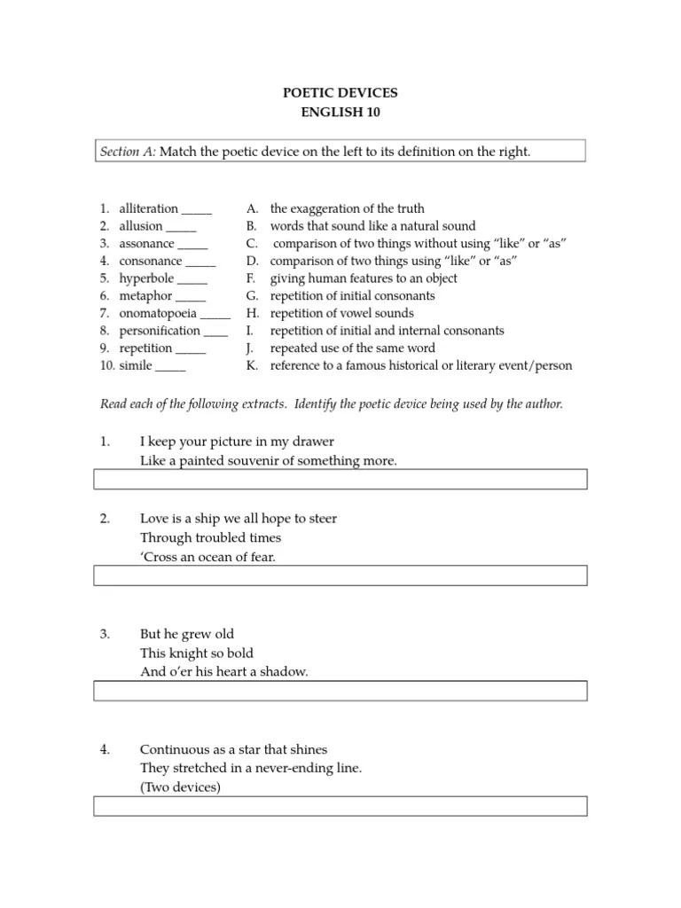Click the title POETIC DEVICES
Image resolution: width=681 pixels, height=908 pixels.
[x=340, y=92]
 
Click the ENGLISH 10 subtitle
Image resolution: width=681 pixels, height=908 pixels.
[x=340, y=112]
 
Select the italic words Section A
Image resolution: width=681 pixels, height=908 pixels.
[x=128, y=152]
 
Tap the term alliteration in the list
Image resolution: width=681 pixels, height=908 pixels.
[x=149, y=208]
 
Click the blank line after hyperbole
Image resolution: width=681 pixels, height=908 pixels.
[x=192, y=278]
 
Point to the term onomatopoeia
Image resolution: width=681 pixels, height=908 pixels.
[x=158, y=313]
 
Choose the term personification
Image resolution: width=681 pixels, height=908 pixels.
[x=160, y=331]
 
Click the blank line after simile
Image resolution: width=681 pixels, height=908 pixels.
[x=170, y=365]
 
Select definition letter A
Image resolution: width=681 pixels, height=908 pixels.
[x=253, y=208]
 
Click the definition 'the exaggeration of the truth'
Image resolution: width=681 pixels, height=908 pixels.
[x=347, y=208]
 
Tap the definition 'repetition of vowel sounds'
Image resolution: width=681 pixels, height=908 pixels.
[x=341, y=313]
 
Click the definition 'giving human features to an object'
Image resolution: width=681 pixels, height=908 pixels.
[x=364, y=278]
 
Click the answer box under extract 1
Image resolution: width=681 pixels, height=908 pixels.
[x=340, y=480]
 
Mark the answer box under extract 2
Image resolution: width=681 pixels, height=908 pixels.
[x=340, y=575]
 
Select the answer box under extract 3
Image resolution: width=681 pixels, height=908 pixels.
[x=340, y=691]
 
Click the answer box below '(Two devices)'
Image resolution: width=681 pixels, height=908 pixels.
[x=340, y=805]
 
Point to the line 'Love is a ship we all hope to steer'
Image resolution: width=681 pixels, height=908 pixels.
[x=239, y=518]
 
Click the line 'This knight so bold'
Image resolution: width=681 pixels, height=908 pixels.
[x=197, y=653]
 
